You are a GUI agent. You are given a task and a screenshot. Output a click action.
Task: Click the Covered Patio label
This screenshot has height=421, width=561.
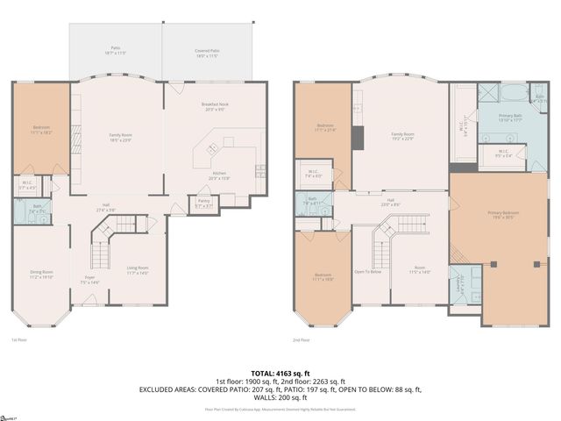tap(207, 52)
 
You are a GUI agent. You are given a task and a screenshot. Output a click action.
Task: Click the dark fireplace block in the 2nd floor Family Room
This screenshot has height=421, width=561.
tap(358, 139)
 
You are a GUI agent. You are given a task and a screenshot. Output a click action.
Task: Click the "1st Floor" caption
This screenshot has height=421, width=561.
tap(19, 340)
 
